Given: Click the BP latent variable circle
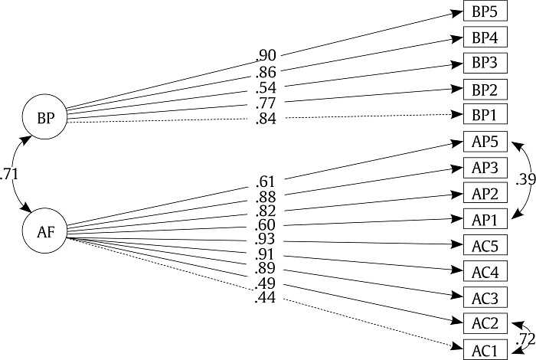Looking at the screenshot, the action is pos(45,117).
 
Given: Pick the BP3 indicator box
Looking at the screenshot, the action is pos(485,64).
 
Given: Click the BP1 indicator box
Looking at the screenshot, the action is pos(485,115).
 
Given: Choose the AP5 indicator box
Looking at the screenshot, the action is pos(485,142).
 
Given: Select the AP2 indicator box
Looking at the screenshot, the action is pos(485,194).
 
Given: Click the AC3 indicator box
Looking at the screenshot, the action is pos(485,296).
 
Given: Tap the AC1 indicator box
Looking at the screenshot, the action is pos(485,349).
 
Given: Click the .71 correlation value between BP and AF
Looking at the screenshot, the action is pos(10,174).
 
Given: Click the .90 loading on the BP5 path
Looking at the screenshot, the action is pos(266,56).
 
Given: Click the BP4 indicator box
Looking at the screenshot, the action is pos(485,38).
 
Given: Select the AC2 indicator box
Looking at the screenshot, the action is pos(485,322).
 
